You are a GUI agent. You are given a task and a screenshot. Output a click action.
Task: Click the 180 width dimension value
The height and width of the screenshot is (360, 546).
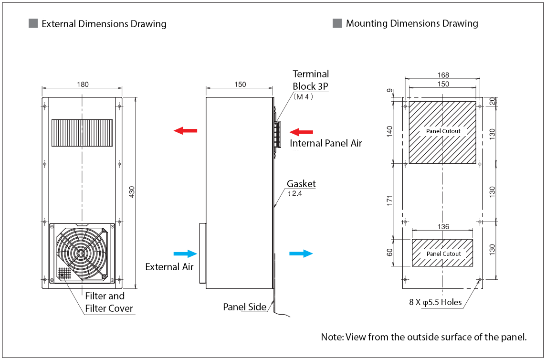(83, 85)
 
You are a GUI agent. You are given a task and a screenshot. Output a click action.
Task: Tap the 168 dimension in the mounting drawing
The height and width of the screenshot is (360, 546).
(443, 75)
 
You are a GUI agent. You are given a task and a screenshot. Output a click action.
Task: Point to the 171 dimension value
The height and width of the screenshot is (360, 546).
(389, 201)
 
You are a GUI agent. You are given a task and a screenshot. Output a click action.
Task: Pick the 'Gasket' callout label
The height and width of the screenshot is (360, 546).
(301, 184)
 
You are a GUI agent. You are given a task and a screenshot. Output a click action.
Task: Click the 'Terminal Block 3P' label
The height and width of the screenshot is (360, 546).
(311, 80)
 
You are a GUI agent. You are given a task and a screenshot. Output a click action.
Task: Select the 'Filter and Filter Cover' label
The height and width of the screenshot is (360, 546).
(109, 302)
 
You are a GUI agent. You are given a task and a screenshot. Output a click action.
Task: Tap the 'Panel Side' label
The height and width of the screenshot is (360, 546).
(245, 307)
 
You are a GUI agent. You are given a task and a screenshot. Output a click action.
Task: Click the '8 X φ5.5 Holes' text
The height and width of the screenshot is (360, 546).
(435, 302)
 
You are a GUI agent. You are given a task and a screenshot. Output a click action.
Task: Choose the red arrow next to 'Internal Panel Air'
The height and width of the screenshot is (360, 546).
(302, 131)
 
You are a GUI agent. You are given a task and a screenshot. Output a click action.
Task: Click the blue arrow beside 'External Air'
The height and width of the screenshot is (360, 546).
(186, 254)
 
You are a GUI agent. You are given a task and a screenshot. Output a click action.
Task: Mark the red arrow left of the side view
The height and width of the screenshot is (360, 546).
(185, 130)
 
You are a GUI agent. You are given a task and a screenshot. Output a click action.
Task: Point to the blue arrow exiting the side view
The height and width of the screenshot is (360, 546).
(301, 254)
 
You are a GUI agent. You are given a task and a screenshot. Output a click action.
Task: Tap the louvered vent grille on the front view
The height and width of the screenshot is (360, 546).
(82, 133)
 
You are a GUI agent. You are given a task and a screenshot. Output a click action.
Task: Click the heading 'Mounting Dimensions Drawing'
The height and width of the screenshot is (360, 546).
(412, 23)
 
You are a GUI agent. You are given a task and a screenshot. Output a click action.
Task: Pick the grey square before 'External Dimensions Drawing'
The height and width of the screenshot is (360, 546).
(33, 23)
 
